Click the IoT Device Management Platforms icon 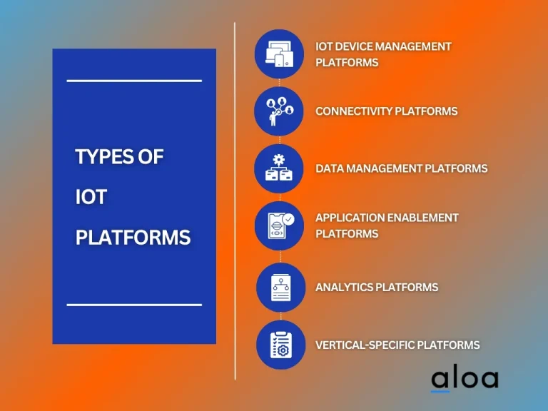279,54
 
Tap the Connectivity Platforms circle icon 279,111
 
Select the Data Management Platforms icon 279,168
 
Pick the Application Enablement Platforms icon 279,225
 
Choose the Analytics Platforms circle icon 280,287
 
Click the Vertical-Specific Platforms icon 280,345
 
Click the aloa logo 464,379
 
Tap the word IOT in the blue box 91,197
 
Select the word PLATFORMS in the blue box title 133,237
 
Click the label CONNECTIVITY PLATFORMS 386,111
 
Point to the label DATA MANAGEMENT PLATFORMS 401,168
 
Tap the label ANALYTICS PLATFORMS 377,287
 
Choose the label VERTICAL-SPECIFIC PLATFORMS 397,345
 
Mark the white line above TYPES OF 134,81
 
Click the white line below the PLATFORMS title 134,305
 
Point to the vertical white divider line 235,200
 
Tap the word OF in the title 151,157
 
